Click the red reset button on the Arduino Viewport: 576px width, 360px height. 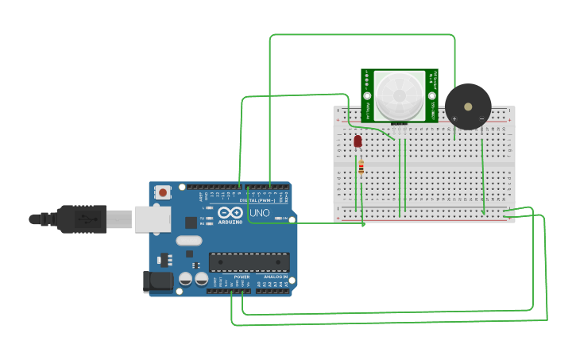coord(163,192)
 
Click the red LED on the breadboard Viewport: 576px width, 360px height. coord(358,141)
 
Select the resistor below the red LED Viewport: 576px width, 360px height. coord(361,168)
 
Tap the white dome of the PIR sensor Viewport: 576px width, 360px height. coord(399,95)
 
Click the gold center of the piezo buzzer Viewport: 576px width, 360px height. coord(468,106)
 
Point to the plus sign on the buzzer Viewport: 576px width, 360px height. coord(454,118)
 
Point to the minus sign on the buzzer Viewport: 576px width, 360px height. coord(481,118)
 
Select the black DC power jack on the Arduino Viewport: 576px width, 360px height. coord(157,281)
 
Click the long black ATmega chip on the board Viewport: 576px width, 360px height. coord(249,262)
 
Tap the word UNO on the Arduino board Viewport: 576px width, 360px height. coord(260,214)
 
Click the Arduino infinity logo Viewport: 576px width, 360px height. coord(230,213)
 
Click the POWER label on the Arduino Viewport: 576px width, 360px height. coord(242,277)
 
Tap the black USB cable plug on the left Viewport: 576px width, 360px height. coord(79,219)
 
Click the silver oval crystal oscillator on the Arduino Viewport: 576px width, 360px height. coord(189,240)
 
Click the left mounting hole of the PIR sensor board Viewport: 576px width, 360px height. coord(368,95)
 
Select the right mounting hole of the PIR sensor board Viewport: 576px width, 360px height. coord(431,95)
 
